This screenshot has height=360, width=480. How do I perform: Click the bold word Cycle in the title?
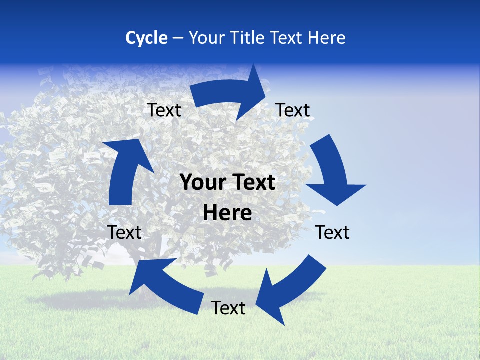pyautogui.click(x=146, y=38)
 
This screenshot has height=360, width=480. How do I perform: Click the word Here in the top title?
pyautogui.click(x=327, y=38)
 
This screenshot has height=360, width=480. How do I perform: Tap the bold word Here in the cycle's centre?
pyautogui.click(x=227, y=213)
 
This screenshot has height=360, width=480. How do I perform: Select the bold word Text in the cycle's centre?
pyautogui.click(x=253, y=183)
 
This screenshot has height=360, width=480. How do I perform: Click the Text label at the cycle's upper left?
pyautogui.click(x=164, y=110)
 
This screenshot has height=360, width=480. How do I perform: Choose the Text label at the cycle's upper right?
pyautogui.click(x=293, y=110)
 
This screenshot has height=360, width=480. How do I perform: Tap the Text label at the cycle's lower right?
pyautogui.click(x=333, y=232)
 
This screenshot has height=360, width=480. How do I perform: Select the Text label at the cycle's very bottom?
pyautogui.click(x=228, y=308)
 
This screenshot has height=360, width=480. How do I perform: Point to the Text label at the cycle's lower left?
pyautogui.click(x=124, y=232)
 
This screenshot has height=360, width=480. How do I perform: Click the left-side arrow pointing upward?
pyautogui.click(x=125, y=170)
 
